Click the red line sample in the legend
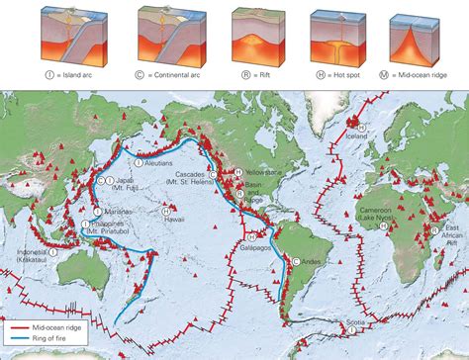click(24, 325)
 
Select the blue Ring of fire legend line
click(24, 336)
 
